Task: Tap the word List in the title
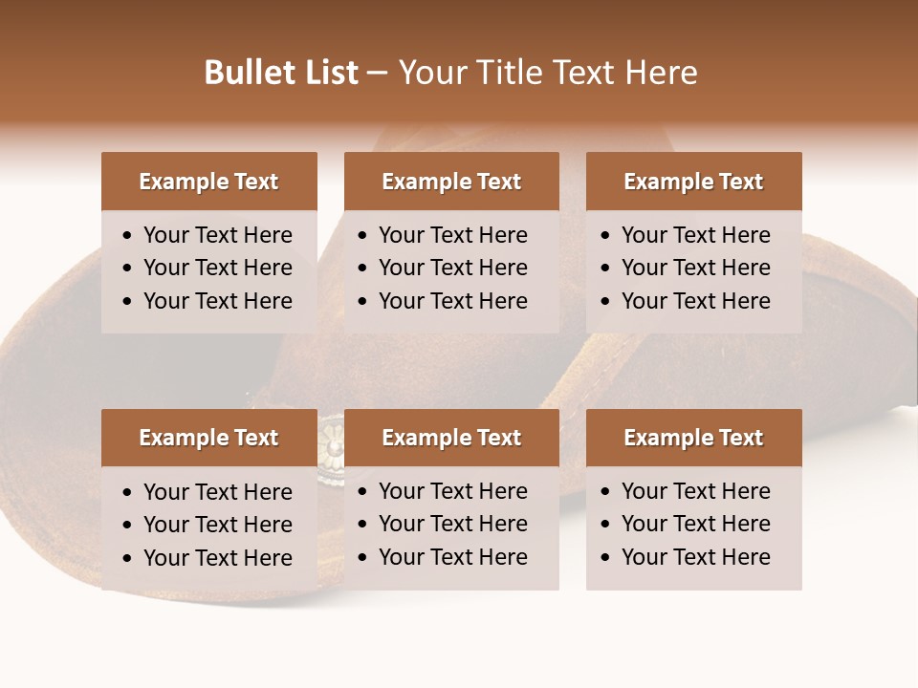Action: (328, 73)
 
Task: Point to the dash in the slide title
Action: (377, 74)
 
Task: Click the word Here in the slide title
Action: (660, 73)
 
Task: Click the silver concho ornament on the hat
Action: (332, 442)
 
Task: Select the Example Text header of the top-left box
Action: (208, 182)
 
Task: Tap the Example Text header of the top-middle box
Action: (451, 182)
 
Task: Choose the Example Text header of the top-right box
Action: (693, 182)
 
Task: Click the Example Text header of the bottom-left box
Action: (208, 438)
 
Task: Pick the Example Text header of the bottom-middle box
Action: (451, 438)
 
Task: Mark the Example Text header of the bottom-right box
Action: (693, 438)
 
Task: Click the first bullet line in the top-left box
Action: (217, 235)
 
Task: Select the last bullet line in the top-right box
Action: (695, 301)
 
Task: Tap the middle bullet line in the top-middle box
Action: (452, 268)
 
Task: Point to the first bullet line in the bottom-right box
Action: (695, 491)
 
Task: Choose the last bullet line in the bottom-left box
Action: (217, 558)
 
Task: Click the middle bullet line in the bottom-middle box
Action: (452, 524)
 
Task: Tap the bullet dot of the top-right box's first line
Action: (606, 236)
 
